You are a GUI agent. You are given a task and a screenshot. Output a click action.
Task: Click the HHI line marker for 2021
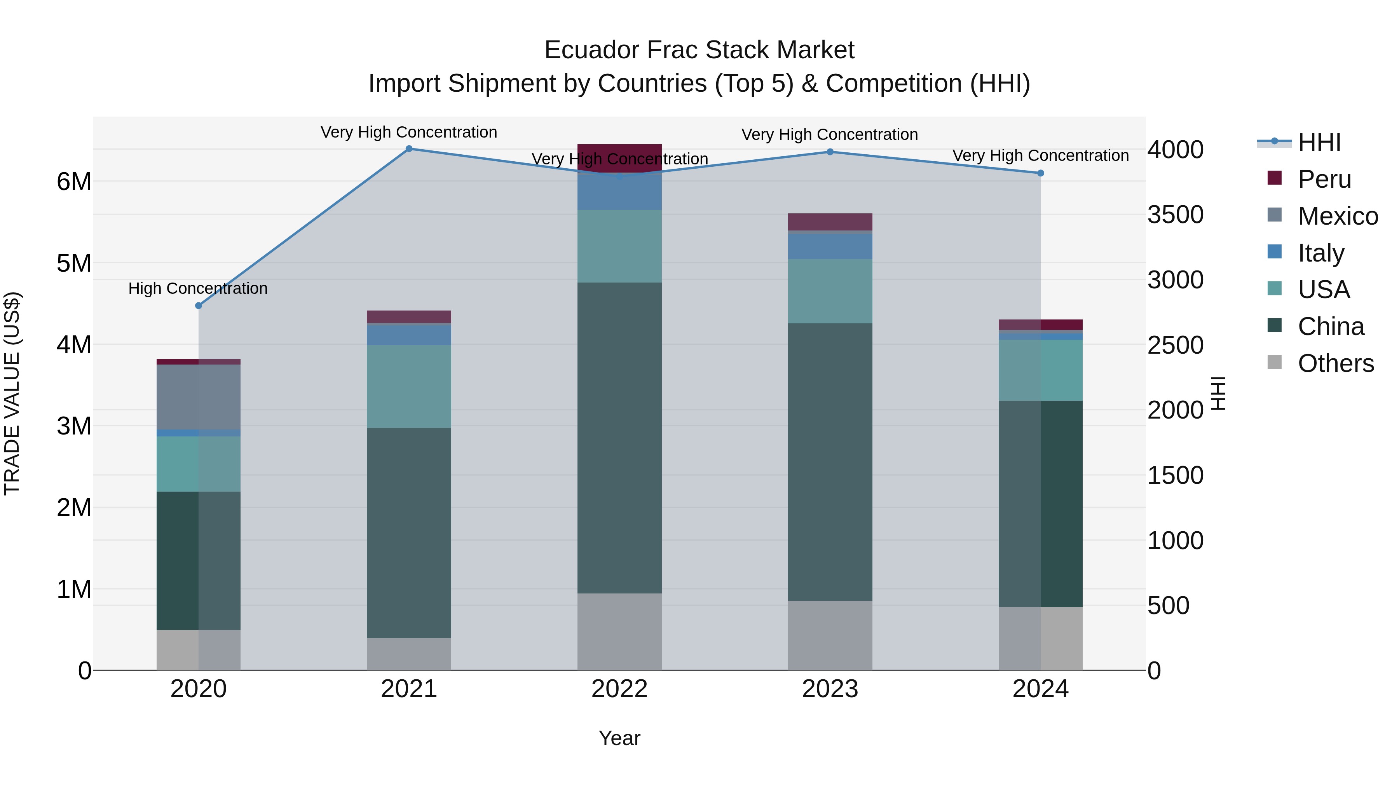tap(409, 149)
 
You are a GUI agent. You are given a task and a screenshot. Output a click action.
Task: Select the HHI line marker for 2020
tap(199, 306)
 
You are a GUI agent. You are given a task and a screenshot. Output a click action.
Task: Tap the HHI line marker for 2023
tap(830, 152)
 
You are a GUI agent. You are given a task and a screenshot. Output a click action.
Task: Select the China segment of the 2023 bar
tap(830, 462)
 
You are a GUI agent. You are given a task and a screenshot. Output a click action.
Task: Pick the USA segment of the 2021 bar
tap(409, 386)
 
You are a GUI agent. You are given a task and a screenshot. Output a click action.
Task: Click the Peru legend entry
tap(1324, 179)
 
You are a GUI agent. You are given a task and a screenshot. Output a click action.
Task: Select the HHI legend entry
tap(1319, 142)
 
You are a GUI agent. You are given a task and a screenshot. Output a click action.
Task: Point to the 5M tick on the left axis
tap(74, 263)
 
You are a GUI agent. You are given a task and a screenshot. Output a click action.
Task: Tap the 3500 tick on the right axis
tap(1175, 215)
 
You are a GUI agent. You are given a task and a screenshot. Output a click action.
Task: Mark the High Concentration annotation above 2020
tap(198, 288)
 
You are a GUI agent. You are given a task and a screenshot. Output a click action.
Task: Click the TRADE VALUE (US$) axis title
tap(12, 393)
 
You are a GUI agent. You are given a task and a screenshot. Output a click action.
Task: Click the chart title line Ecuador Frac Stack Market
tap(699, 50)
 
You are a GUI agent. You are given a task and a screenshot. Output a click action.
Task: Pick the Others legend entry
tap(1335, 363)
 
